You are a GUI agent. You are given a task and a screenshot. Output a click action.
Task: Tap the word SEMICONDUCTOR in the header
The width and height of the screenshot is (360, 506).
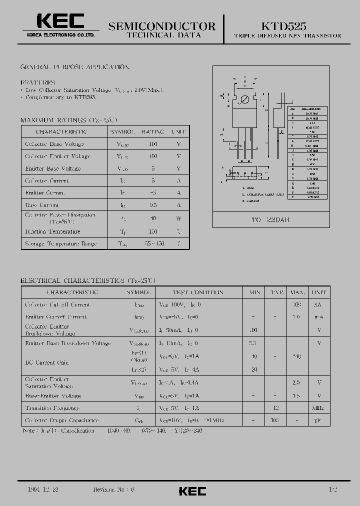point(162,26)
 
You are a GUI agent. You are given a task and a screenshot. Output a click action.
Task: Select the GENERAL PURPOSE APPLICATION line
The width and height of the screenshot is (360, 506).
point(75,67)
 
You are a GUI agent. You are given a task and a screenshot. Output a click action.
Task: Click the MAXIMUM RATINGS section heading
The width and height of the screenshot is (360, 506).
point(69,120)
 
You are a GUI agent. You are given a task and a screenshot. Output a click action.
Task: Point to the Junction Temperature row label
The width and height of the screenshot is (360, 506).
point(52,232)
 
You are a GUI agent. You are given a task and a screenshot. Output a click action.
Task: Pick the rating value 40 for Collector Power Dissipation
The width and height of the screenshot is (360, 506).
point(153,218)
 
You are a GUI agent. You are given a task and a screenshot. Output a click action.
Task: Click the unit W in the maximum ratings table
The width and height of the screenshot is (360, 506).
point(178,218)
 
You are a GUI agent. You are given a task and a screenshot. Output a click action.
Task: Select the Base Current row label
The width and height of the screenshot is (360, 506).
point(42,205)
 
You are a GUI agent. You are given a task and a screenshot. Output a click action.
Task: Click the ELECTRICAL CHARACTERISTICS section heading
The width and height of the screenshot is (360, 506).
point(88,280)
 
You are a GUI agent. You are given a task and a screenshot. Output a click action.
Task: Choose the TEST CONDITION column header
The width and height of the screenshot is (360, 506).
point(197,292)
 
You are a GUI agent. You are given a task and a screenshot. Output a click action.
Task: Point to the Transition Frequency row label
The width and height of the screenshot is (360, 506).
point(52,408)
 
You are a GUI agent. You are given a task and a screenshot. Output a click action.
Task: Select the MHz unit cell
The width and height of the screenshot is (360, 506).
point(318,408)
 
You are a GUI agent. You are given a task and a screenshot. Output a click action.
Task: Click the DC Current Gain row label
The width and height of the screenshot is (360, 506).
point(47,362)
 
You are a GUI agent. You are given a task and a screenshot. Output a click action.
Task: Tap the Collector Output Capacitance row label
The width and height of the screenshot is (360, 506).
point(62,420)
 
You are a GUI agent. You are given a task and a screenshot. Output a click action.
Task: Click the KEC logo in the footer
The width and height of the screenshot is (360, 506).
point(192,491)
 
